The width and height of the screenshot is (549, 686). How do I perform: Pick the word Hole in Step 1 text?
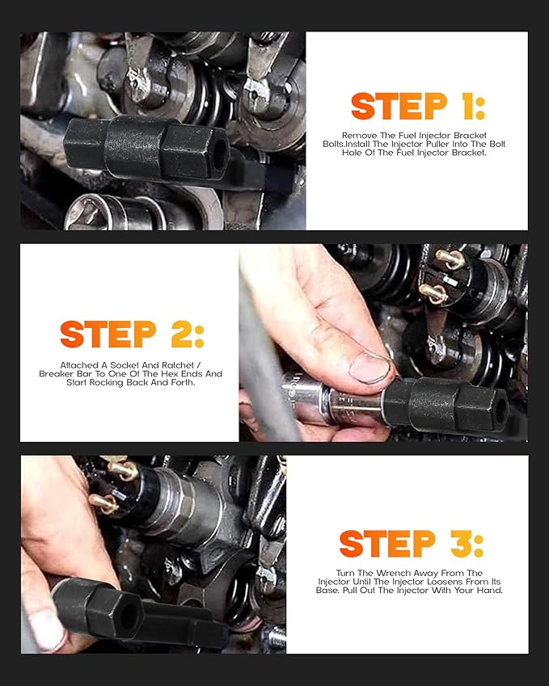click(x=355, y=152)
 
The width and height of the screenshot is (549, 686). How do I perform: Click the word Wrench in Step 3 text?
click(x=383, y=573)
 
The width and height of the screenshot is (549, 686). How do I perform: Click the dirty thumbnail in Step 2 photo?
click(x=369, y=367)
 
